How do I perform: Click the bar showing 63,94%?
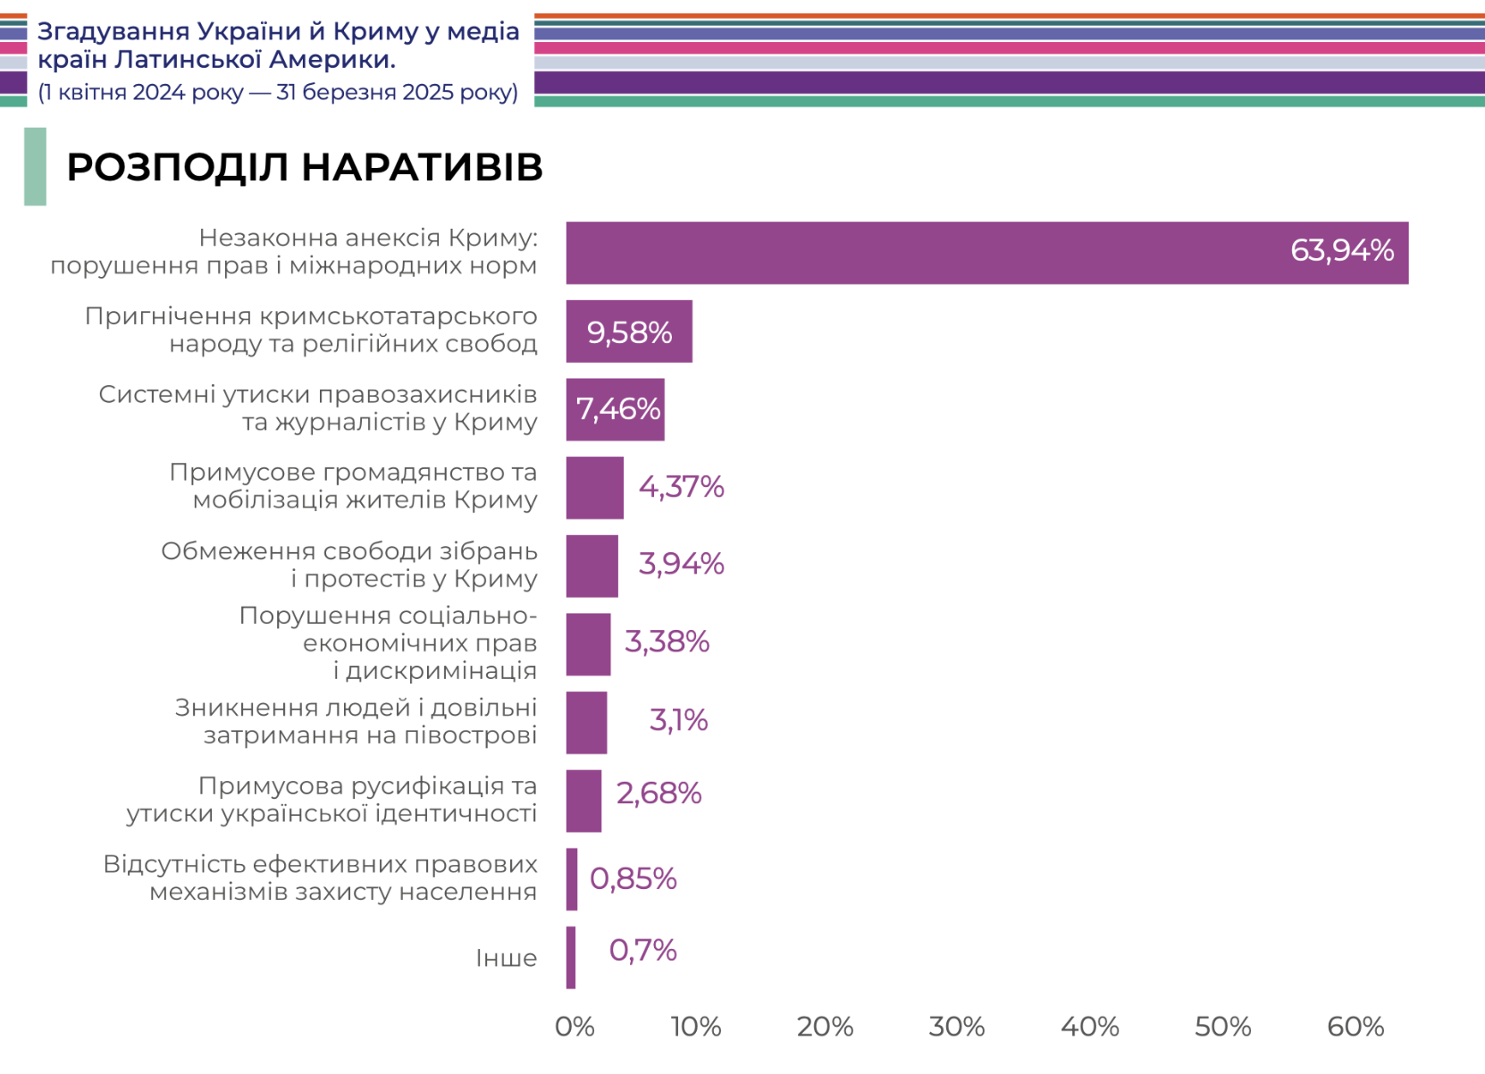[x=986, y=253]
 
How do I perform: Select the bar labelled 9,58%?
[x=629, y=331]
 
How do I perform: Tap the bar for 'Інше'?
[x=571, y=958]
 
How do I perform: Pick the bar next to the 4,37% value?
[x=594, y=488]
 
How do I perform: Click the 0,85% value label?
[x=633, y=879]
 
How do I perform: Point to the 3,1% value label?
[x=678, y=720]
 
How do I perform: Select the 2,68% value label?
[x=659, y=793]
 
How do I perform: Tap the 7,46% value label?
[x=617, y=409]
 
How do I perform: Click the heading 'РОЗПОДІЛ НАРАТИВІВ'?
[x=305, y=167]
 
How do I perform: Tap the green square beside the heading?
[x=35, y=167]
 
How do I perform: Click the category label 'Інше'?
[x=506, y=959]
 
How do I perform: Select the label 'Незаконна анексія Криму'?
[x=368, y=238]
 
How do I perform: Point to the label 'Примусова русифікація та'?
[x=367, y=786]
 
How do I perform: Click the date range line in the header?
[x=278, y=93]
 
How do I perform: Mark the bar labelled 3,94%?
[x=591, y=566]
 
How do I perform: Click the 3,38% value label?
[x=667, y=642]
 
